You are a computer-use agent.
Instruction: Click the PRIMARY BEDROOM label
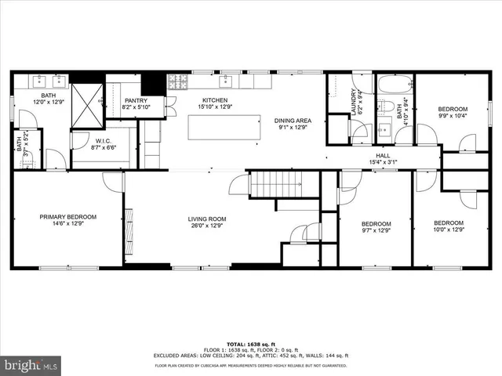pyautogui.click(x=68, y=217)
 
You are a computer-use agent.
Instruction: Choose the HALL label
pyautogui.click(x=383, y=156)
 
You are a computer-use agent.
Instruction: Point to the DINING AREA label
pyautogui.click(x=293, y=121)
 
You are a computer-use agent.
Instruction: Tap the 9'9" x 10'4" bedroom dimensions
pyautogui.click(x=452, y=116)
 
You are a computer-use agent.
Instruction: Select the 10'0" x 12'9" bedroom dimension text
pyautogui.click(x=449, y=230)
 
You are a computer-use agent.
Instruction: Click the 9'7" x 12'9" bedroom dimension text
pyautogui.click(x=375, y=230)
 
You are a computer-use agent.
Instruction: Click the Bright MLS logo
pyautogui.click(x=31, y=365)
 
